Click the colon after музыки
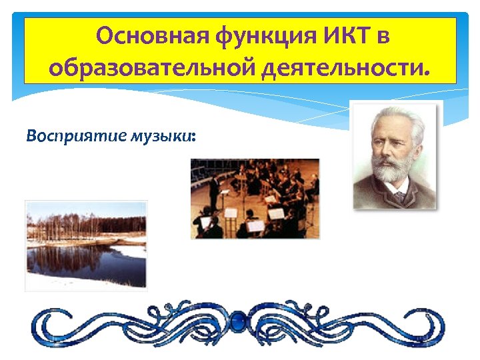click(x=193, y=137)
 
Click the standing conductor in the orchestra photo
click(x=214, y=189)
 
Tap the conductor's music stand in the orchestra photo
click(x=231, y=213)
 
